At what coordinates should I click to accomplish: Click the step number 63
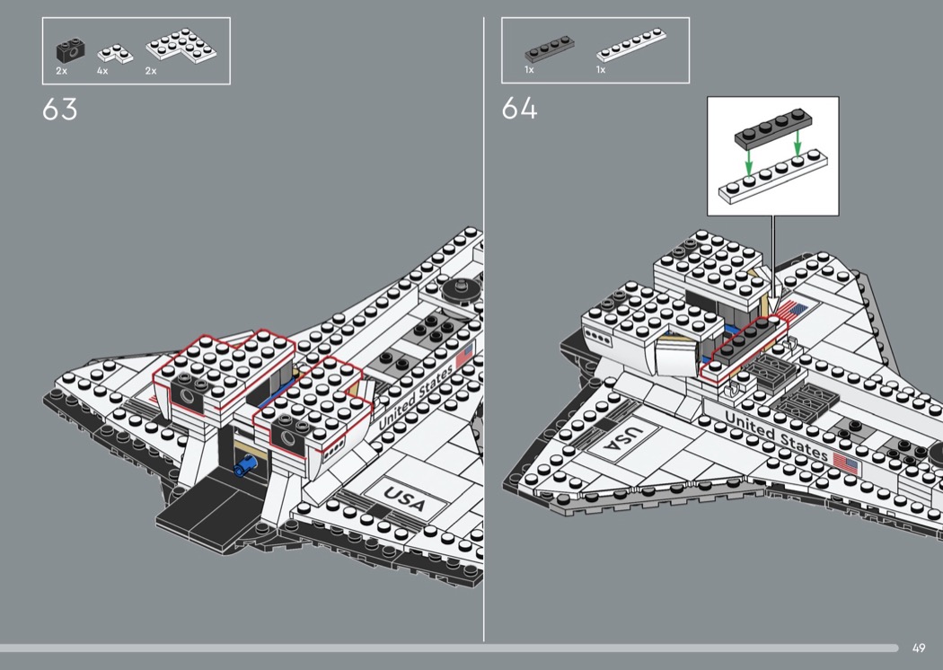coord(59,110)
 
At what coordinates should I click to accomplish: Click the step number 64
coord(519,110)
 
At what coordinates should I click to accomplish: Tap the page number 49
coord(918,648)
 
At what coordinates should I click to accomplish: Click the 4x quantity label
coord(102,71)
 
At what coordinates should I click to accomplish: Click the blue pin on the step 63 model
coord(245,465)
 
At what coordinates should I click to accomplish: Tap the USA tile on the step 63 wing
coord(404,496)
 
